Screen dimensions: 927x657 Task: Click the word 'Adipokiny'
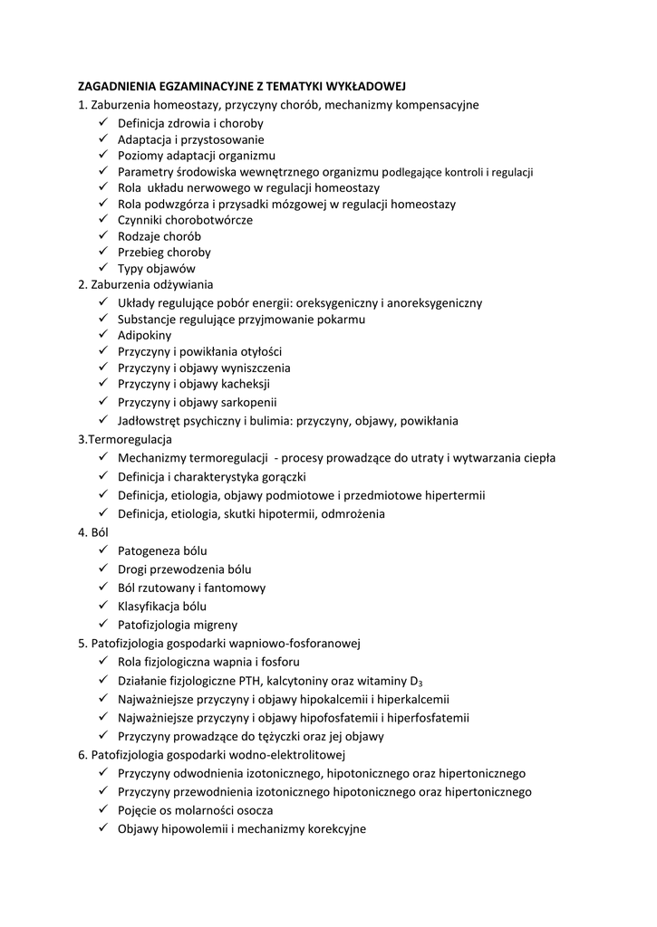(144, 335)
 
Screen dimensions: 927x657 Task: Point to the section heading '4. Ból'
(93, 532)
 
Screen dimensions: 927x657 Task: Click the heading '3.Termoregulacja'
(125, 439)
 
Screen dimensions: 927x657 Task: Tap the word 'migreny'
(217, 625)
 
